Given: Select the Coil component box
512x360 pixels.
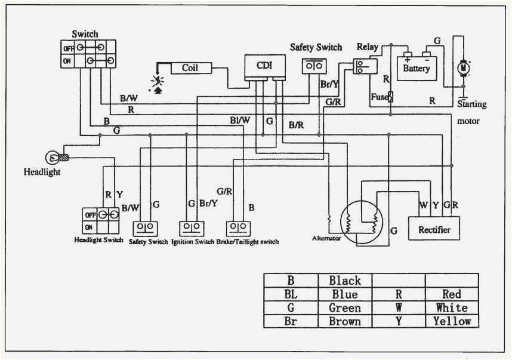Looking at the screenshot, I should [x=190, y=68].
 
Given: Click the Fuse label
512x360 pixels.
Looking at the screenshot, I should [x=379, y=96].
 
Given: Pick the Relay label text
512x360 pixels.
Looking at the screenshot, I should [x=367, y=47].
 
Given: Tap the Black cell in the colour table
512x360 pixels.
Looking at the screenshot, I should [x=344, y=280].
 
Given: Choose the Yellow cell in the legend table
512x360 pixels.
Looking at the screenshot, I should [x=452, y=321].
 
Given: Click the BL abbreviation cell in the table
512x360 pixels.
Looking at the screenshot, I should [x=291, y=294].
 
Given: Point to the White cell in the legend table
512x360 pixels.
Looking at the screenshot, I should [x=452, y=307].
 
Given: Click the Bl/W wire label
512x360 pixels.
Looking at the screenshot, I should [x=240, y=120].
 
